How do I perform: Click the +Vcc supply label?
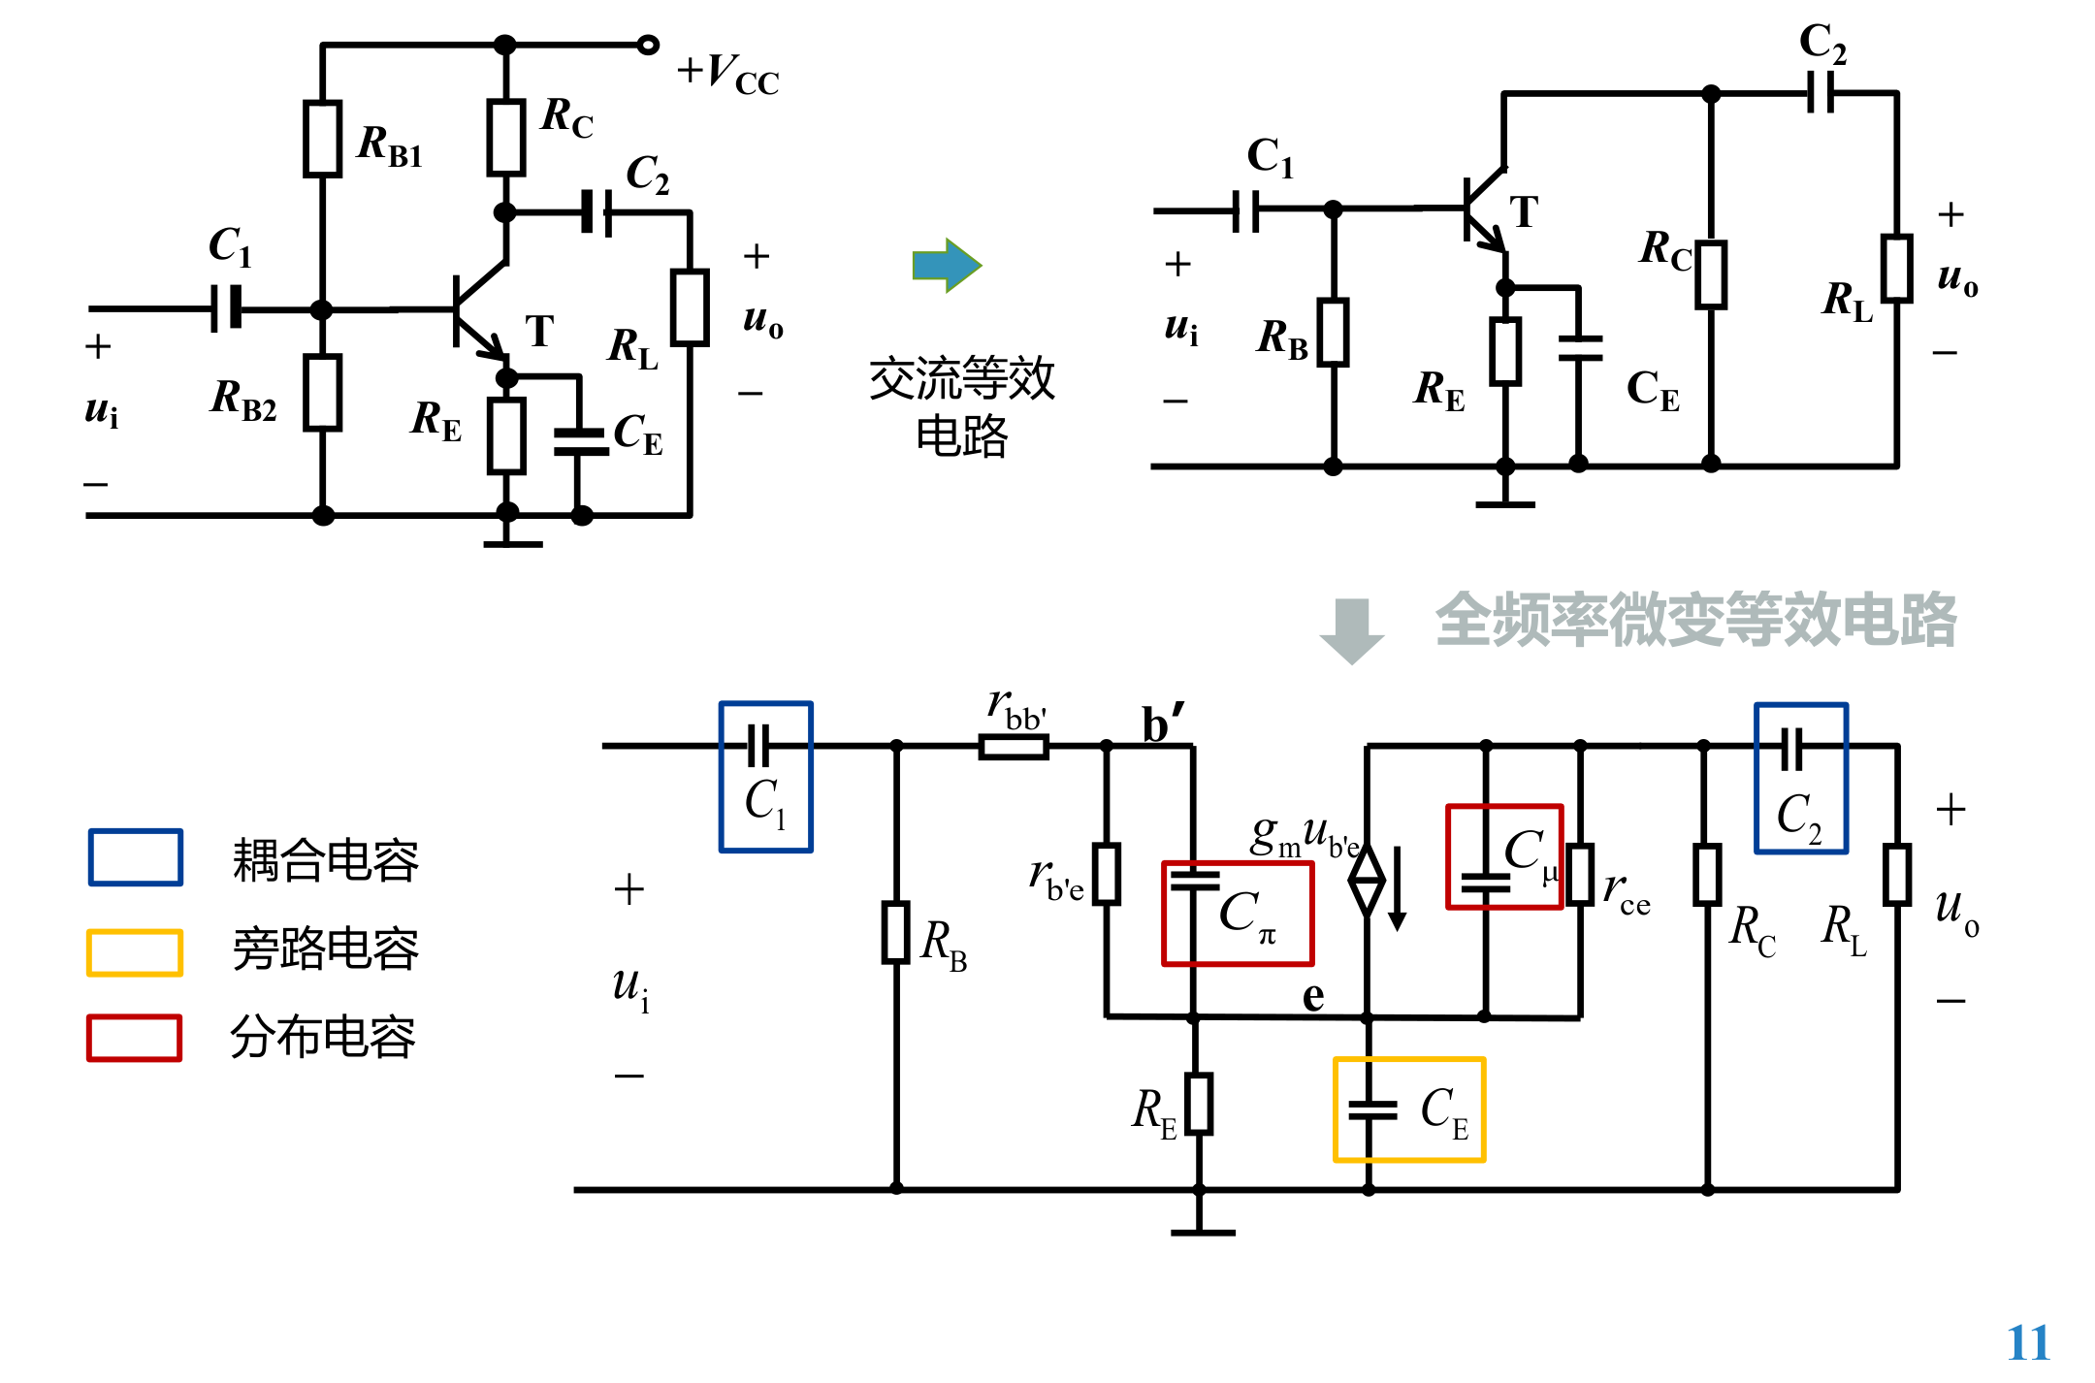[727, 74]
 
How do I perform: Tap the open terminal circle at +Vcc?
[648, 45]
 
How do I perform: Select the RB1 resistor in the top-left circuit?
[322, 139]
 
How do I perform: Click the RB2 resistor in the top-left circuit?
[322, 393]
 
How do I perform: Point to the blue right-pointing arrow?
[947, 264]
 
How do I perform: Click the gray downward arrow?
[1352, 630]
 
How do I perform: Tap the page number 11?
[2028, 1343]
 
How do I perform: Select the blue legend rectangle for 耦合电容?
[136, 857]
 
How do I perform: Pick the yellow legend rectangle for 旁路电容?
[135, 952]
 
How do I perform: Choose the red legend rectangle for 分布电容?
[134, 1038]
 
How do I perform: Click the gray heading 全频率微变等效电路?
[1695, 620]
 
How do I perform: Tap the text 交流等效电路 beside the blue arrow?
[961, 406]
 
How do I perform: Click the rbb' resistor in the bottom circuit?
[1014, 746]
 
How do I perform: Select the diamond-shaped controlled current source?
[1368, 881]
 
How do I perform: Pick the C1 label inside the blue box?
[764, 802]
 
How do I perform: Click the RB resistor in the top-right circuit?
[1334, 333]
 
